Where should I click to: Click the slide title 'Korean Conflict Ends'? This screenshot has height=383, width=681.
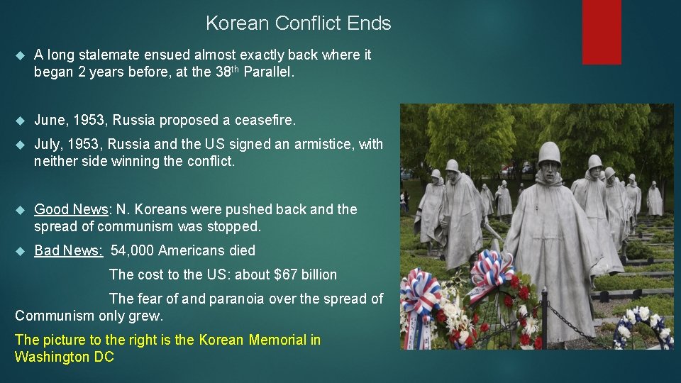[x=298, y=23]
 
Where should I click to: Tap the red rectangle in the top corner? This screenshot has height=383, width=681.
[x=601, y=31]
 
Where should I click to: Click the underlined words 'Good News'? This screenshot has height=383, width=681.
[x=70, y=209]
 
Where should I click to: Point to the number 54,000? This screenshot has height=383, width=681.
[x=133, y=250]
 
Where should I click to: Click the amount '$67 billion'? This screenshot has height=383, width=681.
[x=306, y=274]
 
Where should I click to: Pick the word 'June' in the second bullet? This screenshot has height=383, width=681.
[x=48, y=120]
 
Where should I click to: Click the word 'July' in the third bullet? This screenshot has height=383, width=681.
[x=47, y=144]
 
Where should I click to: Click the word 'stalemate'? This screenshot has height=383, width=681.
[x=106, y=55]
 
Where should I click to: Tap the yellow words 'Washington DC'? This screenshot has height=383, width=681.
[x=64, y=357]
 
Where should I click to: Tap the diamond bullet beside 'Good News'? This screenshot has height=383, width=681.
[x=19, y=210]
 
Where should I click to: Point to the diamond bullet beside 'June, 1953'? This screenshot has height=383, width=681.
[x=19, y=121]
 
